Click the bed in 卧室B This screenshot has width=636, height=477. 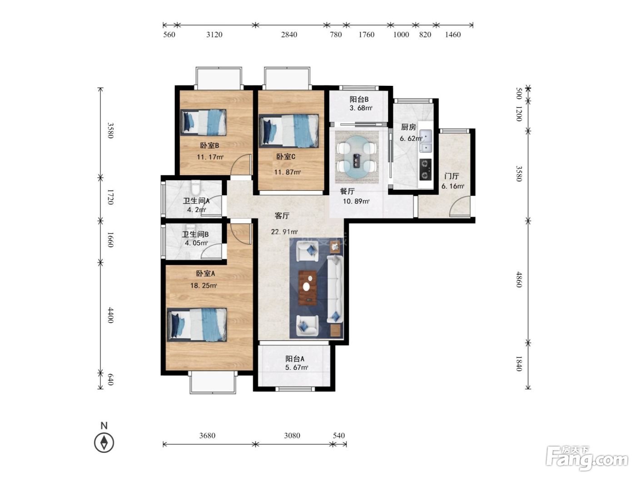pyautogui.click(x=203, y=122)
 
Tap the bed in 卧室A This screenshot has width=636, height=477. pyautogui.click(x=197, y=325)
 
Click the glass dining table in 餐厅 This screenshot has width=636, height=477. pyautogui.click(x=357, y=157)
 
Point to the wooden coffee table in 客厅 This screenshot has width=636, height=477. pyautogui.click(x=308, y=288)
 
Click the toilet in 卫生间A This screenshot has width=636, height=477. pyautogui.click(x=196, y=187)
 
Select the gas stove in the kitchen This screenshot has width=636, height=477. pyautogui.click(x=425, y=169)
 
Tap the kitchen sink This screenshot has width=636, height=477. pyautogui.click(x=425, y=141)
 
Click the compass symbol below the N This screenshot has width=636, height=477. pyautogui.click(x=104, y=442)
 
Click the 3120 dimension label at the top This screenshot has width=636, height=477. pyautogui.click(x=214, y=35)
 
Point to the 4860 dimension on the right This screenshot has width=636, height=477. pyautogui.click(x=519, y=279)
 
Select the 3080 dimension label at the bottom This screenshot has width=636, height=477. pyautogui.click(x=292, y=436)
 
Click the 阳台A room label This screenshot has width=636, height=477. pyautogui.click(x=295, y=359)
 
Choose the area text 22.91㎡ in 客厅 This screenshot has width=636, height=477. pyautogui.click(x=284, y=232)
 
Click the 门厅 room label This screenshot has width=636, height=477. pyautogui.click(x=452, y=176)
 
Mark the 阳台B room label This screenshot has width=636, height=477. pyautogui.click(x=359, y=99)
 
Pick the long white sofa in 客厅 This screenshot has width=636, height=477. pyautogui.click(x=335, y=289)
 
